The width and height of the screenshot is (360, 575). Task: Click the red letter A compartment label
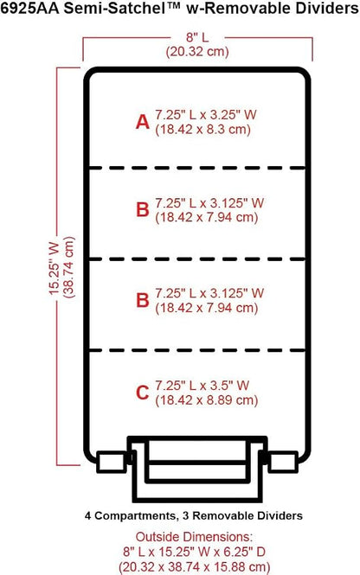coord(143,122)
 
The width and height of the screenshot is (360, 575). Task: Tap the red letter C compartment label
coord(143,393)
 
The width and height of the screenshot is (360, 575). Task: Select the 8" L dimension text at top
coord(197,37)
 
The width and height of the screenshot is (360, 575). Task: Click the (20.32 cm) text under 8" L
coord(197,51)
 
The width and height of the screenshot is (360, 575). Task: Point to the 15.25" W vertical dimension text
coord(55,268)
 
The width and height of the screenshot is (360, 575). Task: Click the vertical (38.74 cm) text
coord(68,267)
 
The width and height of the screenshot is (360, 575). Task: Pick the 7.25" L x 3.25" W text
coord(205,115)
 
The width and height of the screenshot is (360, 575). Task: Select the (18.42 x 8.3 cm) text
coord(203,130)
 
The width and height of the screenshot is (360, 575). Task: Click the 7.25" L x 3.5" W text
coord(202,386)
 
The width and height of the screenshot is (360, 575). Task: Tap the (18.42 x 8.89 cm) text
coord(207,400)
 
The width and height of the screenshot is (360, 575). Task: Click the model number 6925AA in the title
coord(29,8)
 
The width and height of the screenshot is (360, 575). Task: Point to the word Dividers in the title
coord(329,8)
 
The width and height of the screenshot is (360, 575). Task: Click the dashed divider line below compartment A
coord(197,168)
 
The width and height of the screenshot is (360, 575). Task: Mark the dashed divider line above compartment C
coord(197,350)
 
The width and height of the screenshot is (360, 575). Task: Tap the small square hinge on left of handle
coord(111,462)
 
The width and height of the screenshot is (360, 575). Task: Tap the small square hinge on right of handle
coord(283,462)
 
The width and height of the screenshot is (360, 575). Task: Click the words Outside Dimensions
coord(194,537)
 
